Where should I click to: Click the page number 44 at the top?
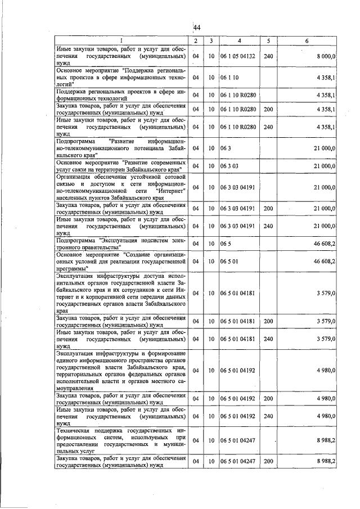tap(197, 28)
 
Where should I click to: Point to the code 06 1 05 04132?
tap(238, 56)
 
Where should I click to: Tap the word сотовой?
tap(172, 177)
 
